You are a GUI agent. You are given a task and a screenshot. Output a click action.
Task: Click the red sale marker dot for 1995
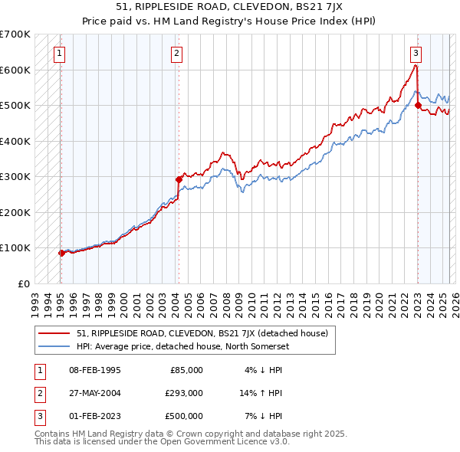coord(61,253)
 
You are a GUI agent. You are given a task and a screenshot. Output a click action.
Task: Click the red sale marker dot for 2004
coord(179,179)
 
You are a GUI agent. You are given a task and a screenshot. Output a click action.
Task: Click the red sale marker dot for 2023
coord(418,106)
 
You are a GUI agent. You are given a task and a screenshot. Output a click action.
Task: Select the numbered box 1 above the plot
coord(59,53)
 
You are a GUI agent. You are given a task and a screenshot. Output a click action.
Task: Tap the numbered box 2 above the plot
coord(176,53)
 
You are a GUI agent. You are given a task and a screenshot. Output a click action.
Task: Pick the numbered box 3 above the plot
coord(416,53)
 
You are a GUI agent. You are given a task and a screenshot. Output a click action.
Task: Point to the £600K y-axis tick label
coord(15,70)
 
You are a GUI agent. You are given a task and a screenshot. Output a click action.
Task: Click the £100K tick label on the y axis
coord(15,247)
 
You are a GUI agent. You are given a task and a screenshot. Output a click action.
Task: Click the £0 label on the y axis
coord(24,283)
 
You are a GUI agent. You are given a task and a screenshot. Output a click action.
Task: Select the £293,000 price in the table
coord(185,393)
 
